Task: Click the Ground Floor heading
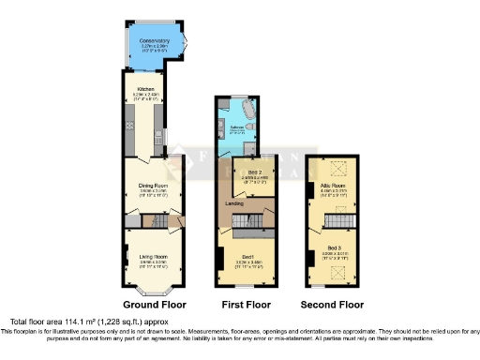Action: click(155, 306)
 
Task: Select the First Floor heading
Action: click(245, 306)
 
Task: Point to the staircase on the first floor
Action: click(245, 219)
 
